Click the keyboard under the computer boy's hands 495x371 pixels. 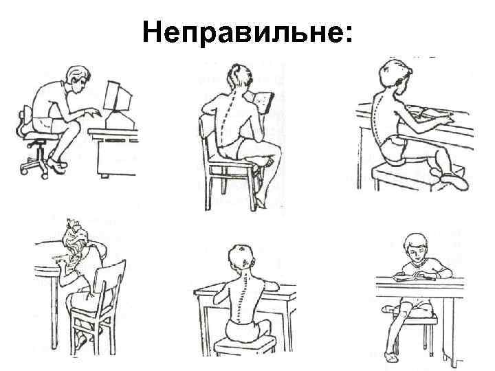tap(100, 115)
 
